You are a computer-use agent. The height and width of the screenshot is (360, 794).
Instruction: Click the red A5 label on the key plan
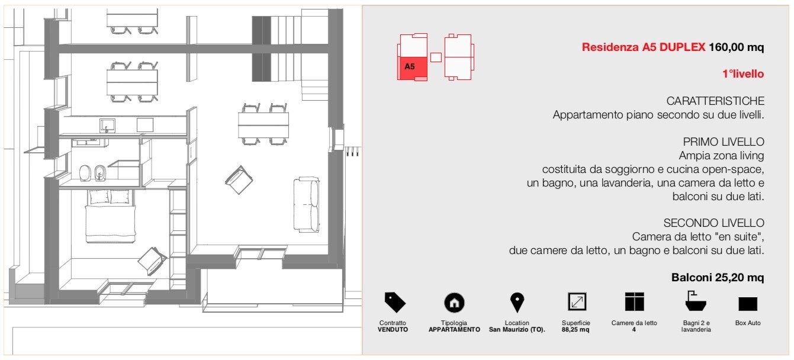coord(409,66)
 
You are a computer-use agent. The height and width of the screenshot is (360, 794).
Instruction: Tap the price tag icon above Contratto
coord(394,302)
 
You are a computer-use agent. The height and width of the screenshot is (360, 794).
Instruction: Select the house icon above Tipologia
coord(454,303)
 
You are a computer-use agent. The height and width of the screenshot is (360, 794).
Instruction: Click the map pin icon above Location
coord(517,303)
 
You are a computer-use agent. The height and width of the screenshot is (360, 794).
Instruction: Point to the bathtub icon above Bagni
coord(696,301)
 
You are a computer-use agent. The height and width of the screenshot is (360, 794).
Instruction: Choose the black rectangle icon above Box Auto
coord(748,304)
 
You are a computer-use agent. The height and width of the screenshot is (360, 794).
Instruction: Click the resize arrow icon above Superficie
coord(577,301)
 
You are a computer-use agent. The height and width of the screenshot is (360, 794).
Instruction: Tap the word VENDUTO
coord(393,330)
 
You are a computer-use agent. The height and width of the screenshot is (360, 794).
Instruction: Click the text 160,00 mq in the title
coord(736,47)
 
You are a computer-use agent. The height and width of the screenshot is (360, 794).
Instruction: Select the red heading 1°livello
coord(743,73)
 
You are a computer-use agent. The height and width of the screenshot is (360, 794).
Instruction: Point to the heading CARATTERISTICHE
coord(715,101)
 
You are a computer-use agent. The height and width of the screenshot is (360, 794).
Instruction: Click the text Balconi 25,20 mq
coord(718,278)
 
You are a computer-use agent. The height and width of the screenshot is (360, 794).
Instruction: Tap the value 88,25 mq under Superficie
coord(576,330)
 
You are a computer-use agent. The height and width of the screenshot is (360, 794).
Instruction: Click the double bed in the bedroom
coord(110,216)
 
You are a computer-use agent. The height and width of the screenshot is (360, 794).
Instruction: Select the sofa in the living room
coord(307,204)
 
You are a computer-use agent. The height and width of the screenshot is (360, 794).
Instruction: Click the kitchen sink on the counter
coord(107,126)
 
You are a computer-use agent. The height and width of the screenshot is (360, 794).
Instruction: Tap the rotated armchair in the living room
coord(239,179)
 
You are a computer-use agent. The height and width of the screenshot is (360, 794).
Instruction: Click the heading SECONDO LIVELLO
coord(713,223)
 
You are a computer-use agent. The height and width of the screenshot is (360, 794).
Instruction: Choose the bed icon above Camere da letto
coord(634,301)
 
